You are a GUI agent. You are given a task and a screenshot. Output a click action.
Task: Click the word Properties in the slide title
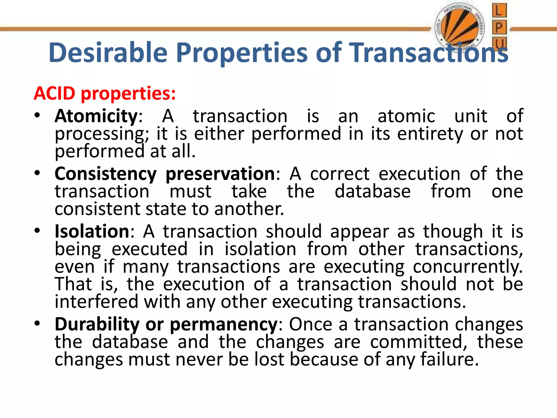tap(242, 53)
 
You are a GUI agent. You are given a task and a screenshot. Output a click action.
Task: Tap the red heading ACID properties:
tap(105, 93)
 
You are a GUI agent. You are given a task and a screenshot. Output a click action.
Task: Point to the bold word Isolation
tap(92, 232)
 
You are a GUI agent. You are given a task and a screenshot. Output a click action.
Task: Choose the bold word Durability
tap(97, 324)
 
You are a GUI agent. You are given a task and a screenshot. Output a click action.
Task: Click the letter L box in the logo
tap(499, 11)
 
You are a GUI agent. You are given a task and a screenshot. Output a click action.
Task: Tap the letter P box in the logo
tap(499, 27)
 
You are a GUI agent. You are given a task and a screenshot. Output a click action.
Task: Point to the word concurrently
tap(468, 267)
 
